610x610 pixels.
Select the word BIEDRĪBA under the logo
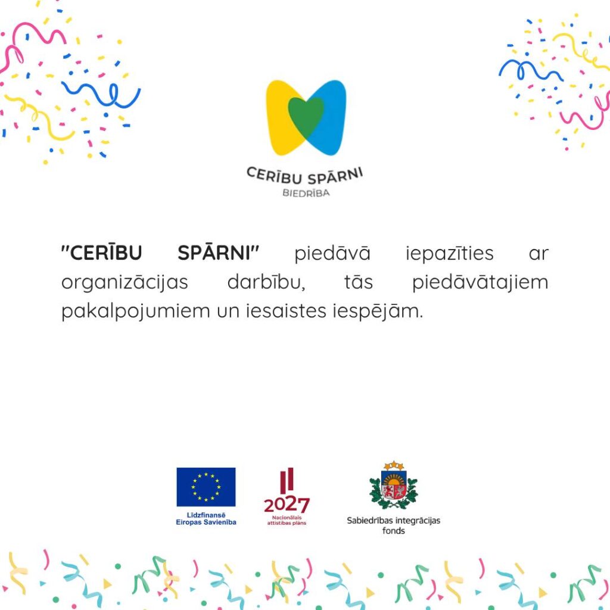pyautogui.click(x=306, y=193)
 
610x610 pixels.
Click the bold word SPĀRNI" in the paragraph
pyautogui.click(x=218, y=253)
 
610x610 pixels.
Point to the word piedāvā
pyautogui.click(x=332, y=253)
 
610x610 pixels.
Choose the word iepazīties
pyautogui.click(x=450, y=253)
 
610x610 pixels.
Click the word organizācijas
pyautogui.click(x=125, y=282)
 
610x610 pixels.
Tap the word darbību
pyautogui.click(x=266, y=282)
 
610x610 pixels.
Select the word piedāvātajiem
pyautogui.click(x=480, y=282)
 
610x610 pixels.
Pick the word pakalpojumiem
pyautogui.click(x=135, y=311)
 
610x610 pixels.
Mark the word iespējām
pyautogui.click(x=377, y=311)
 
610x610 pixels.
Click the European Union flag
pyautogui.click(x=206, y=487)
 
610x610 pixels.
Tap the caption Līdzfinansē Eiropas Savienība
pyautogui.click(x=206, y=519)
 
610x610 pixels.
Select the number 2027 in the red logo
pyautogui.click(x=287, y=505)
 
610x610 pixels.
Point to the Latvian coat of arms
pyautogui.click(x=394, y=485)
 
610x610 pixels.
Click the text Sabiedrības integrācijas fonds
pyautogui.click(x=393, y=525)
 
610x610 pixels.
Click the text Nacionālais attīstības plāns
pyautogui.click(x=287, y=521)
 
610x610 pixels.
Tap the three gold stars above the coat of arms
pyautogui.click(x=394, y=465)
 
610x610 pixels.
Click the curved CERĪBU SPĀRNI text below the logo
pyautogui.click(x=305, y=176)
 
